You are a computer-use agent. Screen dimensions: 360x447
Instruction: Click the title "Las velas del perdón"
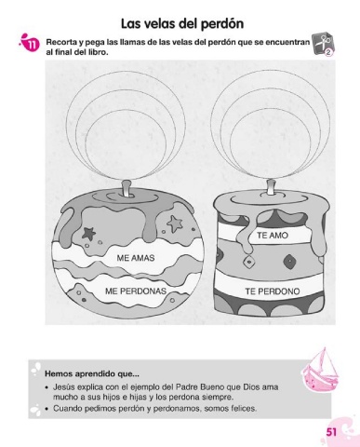[x=182, y=24]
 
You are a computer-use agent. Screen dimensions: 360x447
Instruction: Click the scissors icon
[x=321, y=44]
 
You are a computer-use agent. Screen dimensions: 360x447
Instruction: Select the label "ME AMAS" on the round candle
[x=136, y=258]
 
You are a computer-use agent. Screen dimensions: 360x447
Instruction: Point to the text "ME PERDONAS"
[x=136, y=291]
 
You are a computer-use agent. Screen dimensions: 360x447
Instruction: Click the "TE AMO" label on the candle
[x=273, y=236]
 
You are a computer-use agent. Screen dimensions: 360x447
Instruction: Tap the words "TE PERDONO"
[x=273, y=291]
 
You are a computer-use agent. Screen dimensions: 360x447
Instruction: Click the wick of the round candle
[x=127, y=188]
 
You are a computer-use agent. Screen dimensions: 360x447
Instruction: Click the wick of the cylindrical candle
[x=271, y=187]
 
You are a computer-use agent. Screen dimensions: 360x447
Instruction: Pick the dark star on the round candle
[x=88, y=233]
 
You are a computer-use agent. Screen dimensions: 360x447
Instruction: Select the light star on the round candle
[x=175, y=223]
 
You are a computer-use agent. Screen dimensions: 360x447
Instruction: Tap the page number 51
[x=331, y=432]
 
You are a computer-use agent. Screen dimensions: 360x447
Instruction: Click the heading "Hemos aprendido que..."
[x=92, y=373]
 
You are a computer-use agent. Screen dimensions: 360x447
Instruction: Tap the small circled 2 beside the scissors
[x=329, y=53]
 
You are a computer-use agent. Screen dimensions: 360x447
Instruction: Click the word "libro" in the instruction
[x=99, y=51]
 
